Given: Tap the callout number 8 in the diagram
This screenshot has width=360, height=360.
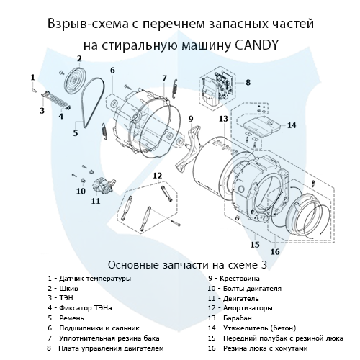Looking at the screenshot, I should pyautogui.click(x=247, y=83).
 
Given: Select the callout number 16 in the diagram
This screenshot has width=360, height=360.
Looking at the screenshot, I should pyautogui.click(x=274, y=252).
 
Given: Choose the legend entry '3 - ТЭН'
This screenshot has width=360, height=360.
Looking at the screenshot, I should pyautogui.click(x=60, y=297).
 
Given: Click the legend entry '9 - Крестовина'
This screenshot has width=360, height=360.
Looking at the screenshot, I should pyautogui.click(x=234, y=278).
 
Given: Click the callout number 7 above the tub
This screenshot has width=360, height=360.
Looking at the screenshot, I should pyautogui.click(x=164, y=78).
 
